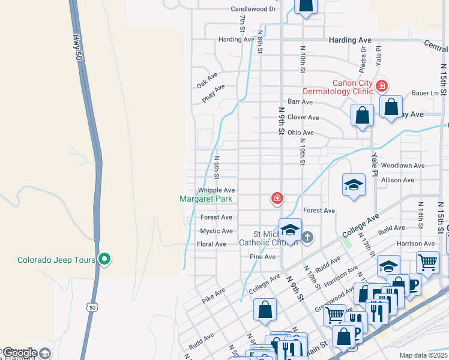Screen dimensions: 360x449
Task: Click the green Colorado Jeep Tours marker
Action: (x=104, y=260)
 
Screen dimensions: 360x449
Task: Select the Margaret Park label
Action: (x=206, y=199)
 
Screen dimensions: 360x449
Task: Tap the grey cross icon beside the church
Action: (x=307, y=237)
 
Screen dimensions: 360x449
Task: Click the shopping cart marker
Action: (x=427, y=262)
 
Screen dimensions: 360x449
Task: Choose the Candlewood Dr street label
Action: (x=253, y=9)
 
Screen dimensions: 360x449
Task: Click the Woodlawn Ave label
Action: (x=402, y=166)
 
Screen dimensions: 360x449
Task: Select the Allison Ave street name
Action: (x=397, y=179)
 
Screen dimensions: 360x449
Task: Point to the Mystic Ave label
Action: (x=217, y=231)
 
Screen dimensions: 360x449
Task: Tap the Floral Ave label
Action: (x=212, y=244)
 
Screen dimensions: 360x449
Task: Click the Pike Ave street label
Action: (x=214, y=295)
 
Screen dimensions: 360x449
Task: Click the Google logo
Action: (x=20, y=353)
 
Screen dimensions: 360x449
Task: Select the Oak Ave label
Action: (x=206, y=81)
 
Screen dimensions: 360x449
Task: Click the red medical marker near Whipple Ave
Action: (x=277, y=197)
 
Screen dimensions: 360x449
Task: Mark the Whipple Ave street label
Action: (x=217, y=190)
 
